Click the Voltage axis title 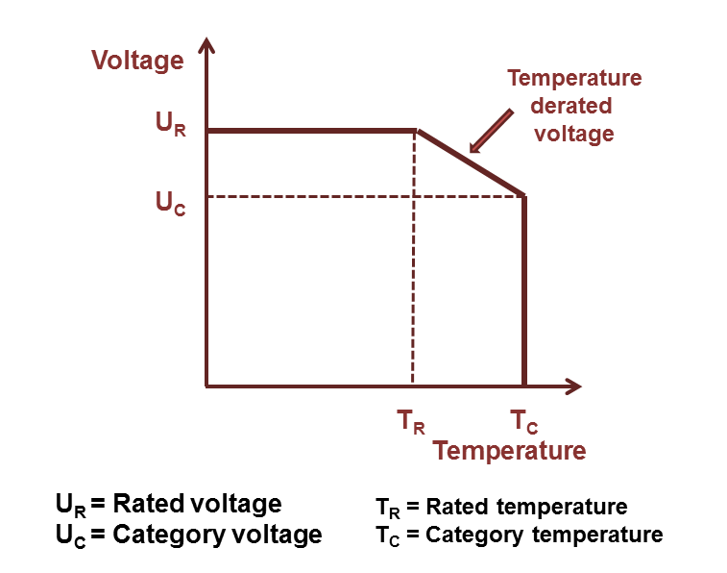coord(137,62)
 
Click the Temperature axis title coord(509,450)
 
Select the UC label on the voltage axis coord(170,202)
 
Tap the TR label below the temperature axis coord(411,421)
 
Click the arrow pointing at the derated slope coord(491,130)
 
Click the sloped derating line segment coord(470,162)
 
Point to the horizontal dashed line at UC coord(365,196)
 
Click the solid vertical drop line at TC coord(524,288)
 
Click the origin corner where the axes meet coord(207,386)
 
